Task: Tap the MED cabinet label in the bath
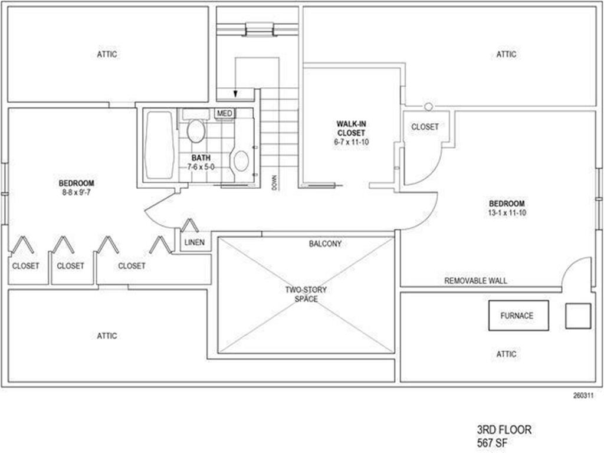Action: coord(225,113)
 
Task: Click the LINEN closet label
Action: coord(195,242)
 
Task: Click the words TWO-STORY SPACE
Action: coord(306,294)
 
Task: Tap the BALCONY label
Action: coord(325,243)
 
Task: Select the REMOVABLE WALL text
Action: coord(475,281)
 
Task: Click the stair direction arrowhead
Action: coord(235,94)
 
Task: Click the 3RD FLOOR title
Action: coord(504,430)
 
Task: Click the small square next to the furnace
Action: coord(578,316)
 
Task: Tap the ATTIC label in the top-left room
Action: coord(107,54)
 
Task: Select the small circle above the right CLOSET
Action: coord(429,106)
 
